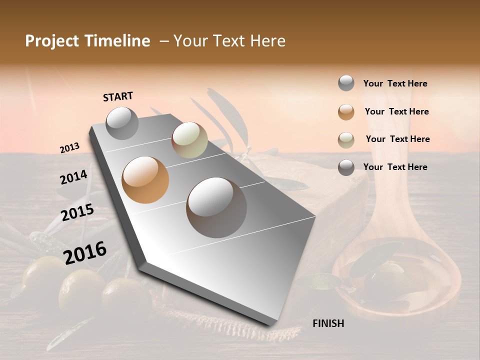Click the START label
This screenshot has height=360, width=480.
(x=118, y=96)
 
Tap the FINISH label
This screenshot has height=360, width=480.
(x=328, y=323)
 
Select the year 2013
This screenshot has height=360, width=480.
(x=69, y=148)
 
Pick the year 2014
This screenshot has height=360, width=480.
(x=73, y=177)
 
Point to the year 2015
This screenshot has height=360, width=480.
(x=77, y=212)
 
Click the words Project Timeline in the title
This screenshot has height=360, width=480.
(x=87, y=41)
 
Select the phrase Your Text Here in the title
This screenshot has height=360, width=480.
(x=229, y=41)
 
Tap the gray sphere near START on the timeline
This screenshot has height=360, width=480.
(x=122, y=123)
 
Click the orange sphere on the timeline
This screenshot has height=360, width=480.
(x=145, y=179)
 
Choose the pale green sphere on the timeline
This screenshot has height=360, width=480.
(x=189, y=140)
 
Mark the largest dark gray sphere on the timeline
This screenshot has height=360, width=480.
(x=216, y=207)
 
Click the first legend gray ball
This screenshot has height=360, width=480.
(x=346, y=83)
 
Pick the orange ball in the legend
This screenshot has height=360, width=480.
(x=346, y=112)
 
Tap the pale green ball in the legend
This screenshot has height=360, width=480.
(x=346, y=140)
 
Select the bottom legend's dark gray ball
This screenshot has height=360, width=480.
(x=346, y=167)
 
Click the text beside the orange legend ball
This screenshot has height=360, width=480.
(x=396, y=111)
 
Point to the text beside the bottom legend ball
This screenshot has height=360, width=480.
(x=395, y=167)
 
